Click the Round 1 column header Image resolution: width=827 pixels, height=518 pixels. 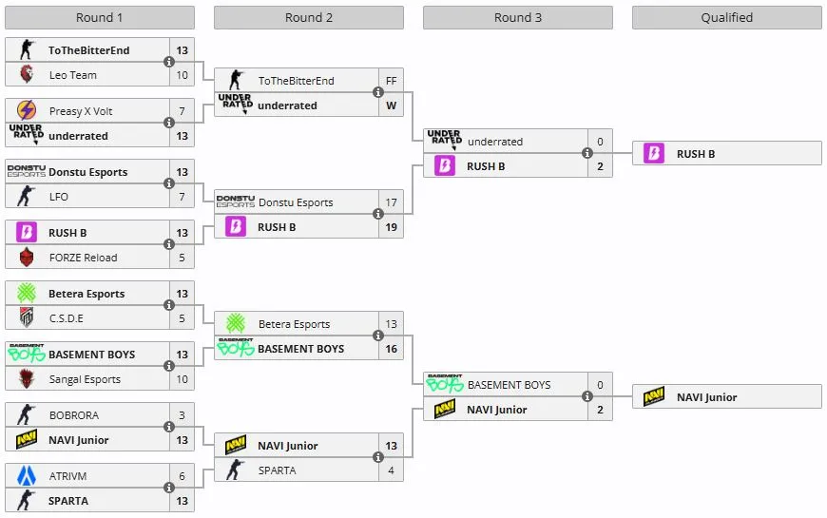click(x=100, y=17)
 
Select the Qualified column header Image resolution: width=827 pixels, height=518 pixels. click(x=726, y=17)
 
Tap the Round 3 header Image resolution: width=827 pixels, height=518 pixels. click(x=518, y=17)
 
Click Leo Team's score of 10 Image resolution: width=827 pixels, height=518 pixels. click(x=182, y=75)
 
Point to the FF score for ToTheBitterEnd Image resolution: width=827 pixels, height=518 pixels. click(x=391, y=81)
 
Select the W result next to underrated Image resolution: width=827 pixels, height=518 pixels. click(x=391, y=106)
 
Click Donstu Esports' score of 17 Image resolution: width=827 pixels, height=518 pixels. click(x=391, y=202)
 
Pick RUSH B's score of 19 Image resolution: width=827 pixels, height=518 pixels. click(x=391, y=227)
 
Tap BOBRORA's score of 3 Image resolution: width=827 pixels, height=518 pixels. click(x=182, y=415)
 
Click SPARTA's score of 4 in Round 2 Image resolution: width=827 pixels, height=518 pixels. click(x=391, y=470)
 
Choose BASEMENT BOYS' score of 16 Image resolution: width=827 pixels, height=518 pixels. click(x=391, y=349)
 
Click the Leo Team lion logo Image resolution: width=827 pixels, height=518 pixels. click(x=27, y=75)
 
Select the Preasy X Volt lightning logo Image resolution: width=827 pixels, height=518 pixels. click(x=27, y=111)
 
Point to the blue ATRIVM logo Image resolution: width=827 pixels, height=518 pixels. click(x=27, y=476)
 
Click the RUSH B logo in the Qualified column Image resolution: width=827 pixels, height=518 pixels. click(x=654, y=153)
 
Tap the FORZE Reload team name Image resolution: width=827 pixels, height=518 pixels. click(x=84, y=258)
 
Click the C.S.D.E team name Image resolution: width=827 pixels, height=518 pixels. click(x=67, y=318)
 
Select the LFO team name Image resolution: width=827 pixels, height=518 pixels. click(x=59, y=197)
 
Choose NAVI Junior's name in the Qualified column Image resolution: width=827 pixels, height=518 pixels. click(x=706, y=397)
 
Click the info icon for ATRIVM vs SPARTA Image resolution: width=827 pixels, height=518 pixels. click(x=169, y=488)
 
